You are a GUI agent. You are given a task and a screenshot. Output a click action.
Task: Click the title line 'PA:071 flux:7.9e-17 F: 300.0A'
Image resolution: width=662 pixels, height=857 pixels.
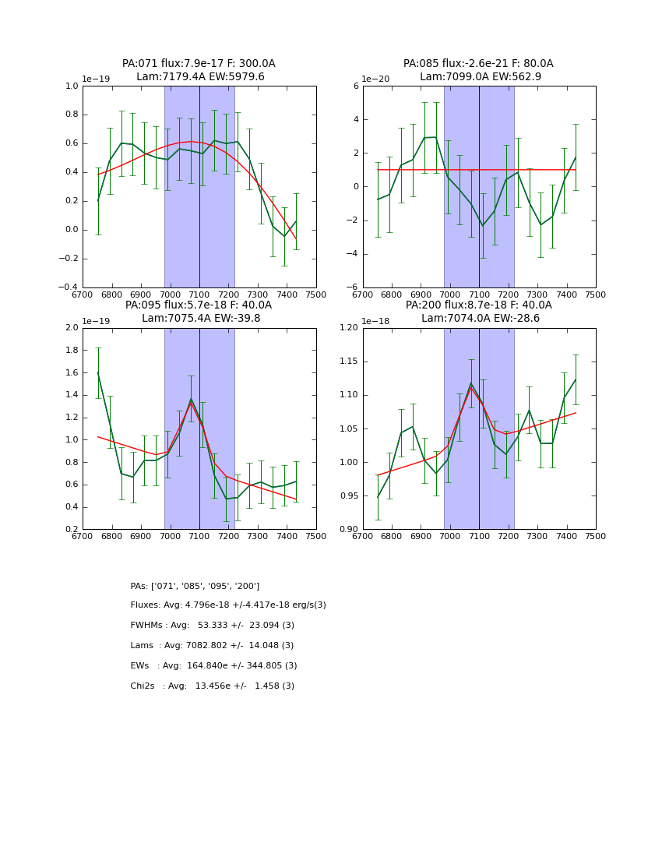(199, 64)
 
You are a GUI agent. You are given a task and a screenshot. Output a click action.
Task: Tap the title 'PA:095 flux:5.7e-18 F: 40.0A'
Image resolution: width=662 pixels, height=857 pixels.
(199, 305)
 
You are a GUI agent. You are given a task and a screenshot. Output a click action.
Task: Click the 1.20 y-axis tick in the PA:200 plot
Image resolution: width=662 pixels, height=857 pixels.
(348, 328)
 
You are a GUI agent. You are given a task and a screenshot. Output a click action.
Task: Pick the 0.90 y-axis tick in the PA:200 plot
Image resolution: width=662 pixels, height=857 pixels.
(348, 530)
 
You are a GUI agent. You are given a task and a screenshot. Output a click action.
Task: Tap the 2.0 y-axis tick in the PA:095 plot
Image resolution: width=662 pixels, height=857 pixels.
(72, 328)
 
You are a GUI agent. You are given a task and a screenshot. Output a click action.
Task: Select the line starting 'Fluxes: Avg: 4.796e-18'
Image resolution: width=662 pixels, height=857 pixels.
(228, 605)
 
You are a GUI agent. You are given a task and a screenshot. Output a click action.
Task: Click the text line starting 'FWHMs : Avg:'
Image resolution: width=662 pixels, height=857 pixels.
(212, 626)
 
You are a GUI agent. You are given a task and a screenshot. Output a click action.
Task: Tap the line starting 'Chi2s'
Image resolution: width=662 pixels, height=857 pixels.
(212, 686)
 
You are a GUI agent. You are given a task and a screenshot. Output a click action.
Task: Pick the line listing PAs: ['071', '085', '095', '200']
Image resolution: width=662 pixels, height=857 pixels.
(195, 586)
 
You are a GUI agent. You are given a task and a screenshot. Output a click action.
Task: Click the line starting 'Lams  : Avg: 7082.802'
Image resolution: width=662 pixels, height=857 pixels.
(212, 646)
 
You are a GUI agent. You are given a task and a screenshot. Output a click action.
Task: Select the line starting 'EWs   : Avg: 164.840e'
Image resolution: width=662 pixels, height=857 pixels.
(213, 666)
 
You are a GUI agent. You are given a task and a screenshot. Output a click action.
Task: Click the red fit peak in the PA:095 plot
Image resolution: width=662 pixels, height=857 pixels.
(191, 402)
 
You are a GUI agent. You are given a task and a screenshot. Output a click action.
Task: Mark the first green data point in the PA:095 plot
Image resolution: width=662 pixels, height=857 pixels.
(98, 372)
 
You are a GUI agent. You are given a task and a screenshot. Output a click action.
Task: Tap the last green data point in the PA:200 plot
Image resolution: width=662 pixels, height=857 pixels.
(576, 379)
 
